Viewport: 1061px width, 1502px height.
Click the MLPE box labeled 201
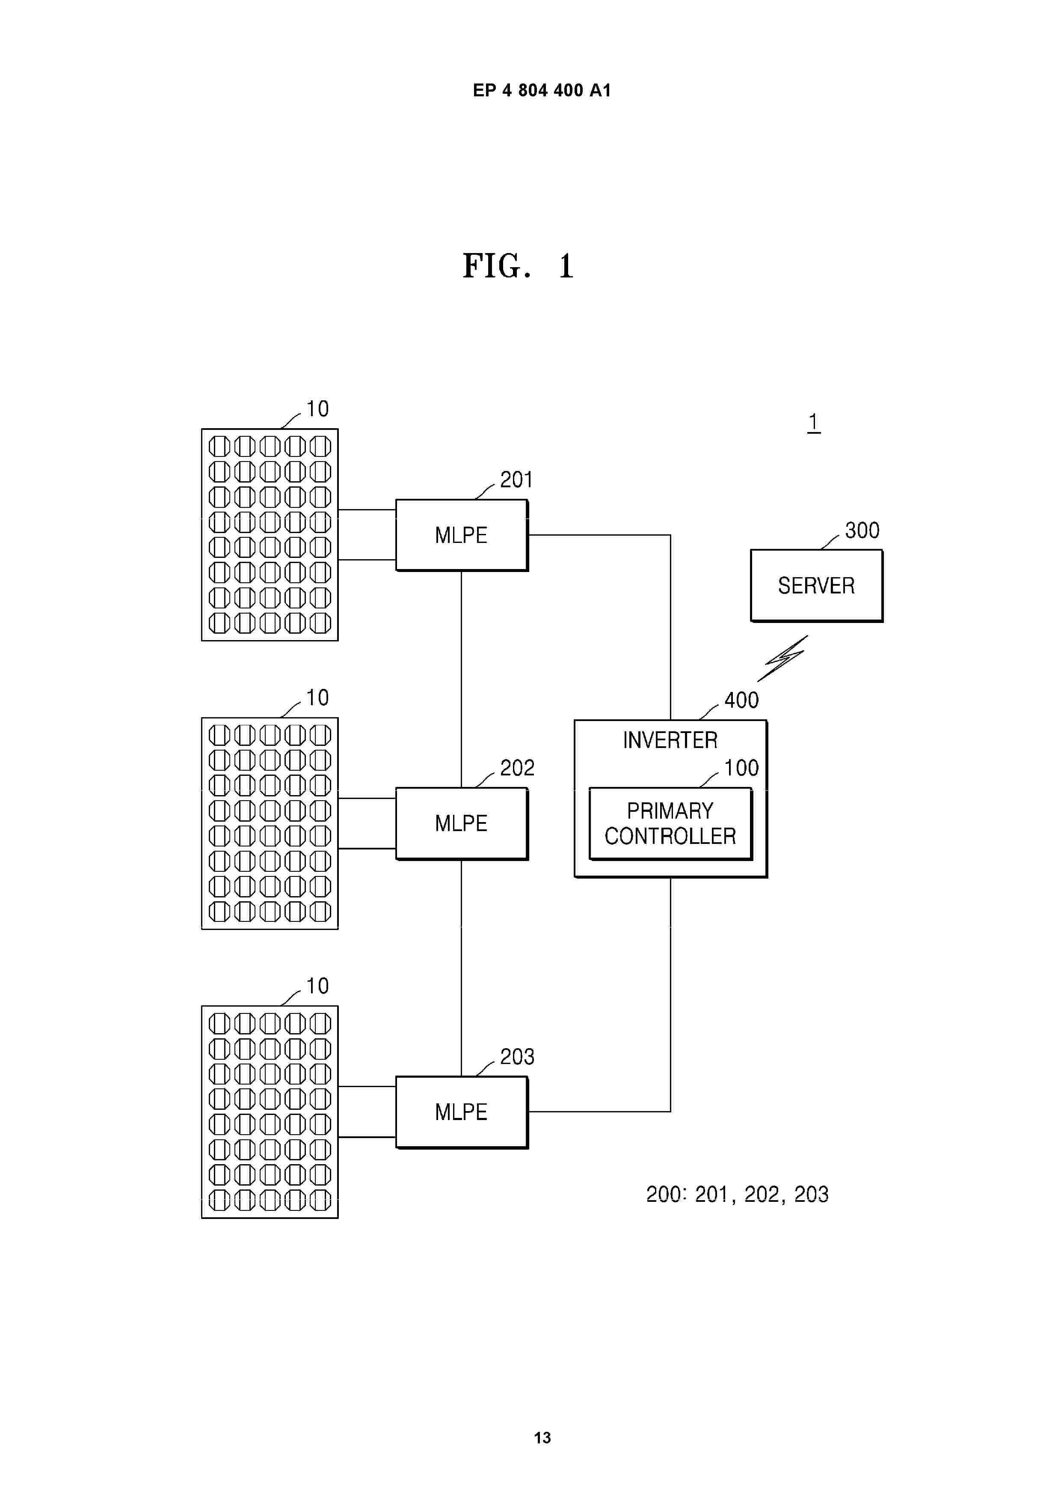[x=462, y=535]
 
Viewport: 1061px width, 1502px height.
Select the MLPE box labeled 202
[x=462, y=823]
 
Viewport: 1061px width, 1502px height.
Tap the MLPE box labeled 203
[x=462, y=1112]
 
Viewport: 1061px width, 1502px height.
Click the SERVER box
[x=817, y=585]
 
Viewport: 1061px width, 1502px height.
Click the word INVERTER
[x=670, y=740]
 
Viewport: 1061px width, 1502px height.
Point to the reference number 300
[x=862, y=530]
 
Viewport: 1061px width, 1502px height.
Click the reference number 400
[x=741, y=700]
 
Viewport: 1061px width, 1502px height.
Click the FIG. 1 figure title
[x=519, y=265]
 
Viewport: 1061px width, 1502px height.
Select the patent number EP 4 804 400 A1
[x=542, y=90]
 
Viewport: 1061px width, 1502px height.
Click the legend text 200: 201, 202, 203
[x=738, y=1195]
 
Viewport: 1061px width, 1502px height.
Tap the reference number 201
[x=516, y=480]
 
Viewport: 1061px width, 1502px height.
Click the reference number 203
[x=517, y=1057]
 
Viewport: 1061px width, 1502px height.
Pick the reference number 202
[x=517, y=767]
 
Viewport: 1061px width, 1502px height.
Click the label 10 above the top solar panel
[x=318, y=409]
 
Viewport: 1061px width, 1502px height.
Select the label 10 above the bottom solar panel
[x=318, y=986]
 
